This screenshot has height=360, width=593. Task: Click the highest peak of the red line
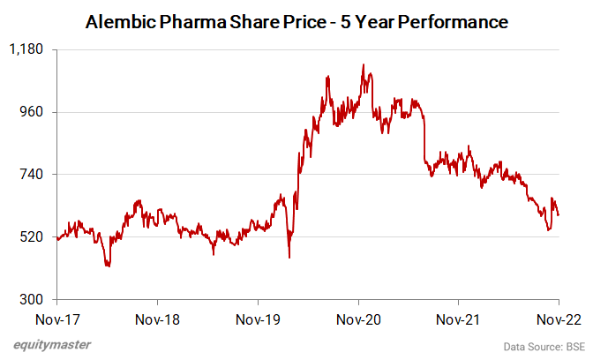point(364,64)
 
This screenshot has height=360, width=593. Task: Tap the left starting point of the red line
point(56,238)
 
